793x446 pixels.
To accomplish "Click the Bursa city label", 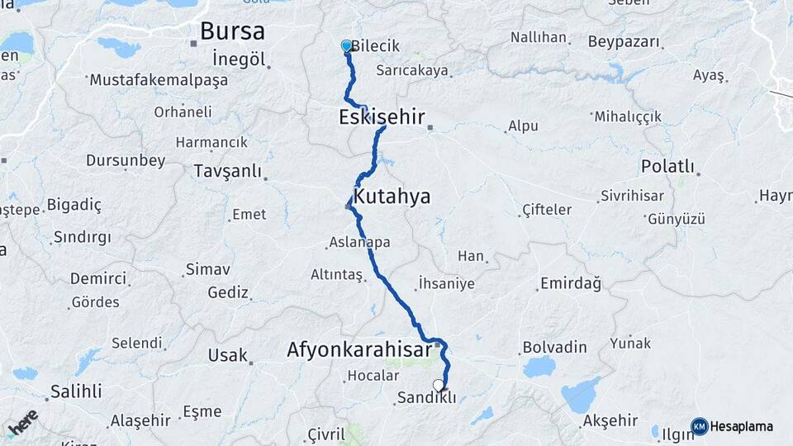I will coord(232,32).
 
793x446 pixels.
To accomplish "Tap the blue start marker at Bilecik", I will coord(347,46).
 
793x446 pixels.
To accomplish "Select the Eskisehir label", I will coord(381,117).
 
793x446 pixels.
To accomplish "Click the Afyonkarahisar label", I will coord(359,350).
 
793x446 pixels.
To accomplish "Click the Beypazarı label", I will coord(624,41).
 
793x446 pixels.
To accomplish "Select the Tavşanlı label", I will coord(226,172).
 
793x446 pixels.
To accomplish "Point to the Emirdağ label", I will coord(570,283).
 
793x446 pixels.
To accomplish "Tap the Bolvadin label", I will coord(554,348).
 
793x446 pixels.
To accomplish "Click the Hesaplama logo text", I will coord(742,426).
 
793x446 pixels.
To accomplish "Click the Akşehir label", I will coord(612,420).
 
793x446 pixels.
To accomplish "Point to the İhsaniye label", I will coord(446,283).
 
